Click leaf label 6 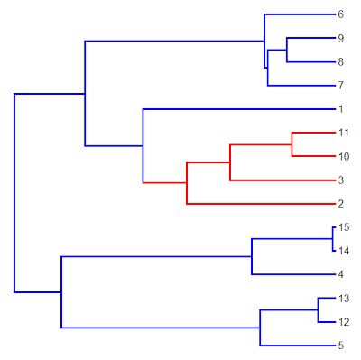tap(340, 14)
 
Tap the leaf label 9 tap(340, 38)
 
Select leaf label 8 tap(340, 62)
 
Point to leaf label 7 tap(340, 86)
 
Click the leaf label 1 tap(340, 109)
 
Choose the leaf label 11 tap(344, 133)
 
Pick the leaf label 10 tap(344, 156)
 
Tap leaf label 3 tap(340, 180)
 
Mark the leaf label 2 tap(340, 204)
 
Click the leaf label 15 tap(344, 227)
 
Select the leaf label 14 tap(344, 251)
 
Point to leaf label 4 tap(340, 274)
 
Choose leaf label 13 tap(344, 299)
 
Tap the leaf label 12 tap(344, 322)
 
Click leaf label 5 tap(340, 346)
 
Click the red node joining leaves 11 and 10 tap(292, 144)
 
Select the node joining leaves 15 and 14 tap(332, 239)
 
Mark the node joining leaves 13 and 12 tap(318, 310)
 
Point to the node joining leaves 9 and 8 tap(287, 50)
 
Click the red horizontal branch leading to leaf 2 tap(261, 204)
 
